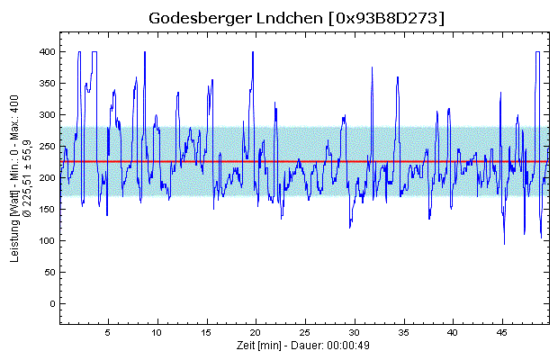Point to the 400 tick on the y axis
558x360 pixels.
point(45,52)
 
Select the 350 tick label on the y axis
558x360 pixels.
point(45,84)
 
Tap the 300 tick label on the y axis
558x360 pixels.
point(45,115)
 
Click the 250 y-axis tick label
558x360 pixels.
point(45,147)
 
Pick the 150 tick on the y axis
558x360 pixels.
point(45,210)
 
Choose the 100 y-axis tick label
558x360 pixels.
point(45,241)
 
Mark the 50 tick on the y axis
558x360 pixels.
point(48,273)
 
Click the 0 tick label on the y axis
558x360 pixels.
point(51,304)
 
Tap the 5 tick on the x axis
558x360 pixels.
point(108,332)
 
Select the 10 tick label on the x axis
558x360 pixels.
point(157,332)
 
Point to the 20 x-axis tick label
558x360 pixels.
point(256,332)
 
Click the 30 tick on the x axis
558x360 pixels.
point(355,332)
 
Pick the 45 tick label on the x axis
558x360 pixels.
point(502,332)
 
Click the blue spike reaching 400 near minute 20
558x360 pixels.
point(253,54)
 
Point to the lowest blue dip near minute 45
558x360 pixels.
point(504,243)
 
